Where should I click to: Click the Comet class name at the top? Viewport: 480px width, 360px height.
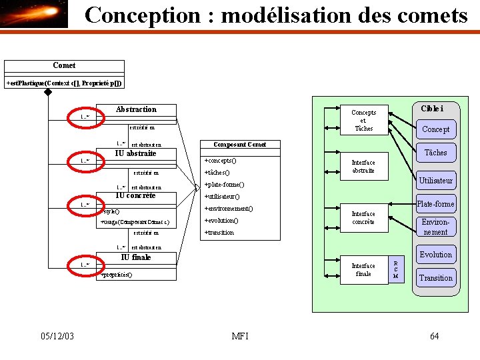tap(64, 65)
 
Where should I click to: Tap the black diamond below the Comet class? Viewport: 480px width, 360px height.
tap(48, 93)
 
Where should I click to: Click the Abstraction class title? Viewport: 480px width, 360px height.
tap(136, 109)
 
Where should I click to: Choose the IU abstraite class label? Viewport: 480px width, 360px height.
tap(136, 153)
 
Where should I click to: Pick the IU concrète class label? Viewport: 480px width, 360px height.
tap(136, 196)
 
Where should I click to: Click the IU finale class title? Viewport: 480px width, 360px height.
tap(136, 257)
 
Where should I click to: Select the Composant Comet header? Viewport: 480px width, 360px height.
tap(239, 145)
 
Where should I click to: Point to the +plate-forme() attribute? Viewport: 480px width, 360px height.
tap(224, 185)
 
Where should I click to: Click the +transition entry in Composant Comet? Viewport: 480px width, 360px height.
tap(219, 233)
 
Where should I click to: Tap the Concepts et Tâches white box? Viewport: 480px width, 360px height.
tap(363, 121)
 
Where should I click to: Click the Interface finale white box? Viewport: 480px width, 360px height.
tap(363, 269)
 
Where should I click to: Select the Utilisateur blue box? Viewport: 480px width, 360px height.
tap(435, 181)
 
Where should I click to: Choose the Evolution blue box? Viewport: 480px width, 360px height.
tap(435, 255)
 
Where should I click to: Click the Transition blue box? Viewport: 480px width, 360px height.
tap(435, 278)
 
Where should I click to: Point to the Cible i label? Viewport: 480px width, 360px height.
tap(432, 109)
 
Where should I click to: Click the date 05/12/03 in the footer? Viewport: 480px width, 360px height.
tap(57, 336)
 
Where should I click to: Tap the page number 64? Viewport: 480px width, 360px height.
tap(434, 336)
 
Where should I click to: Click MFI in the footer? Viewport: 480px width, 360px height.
tap(239, 336)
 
